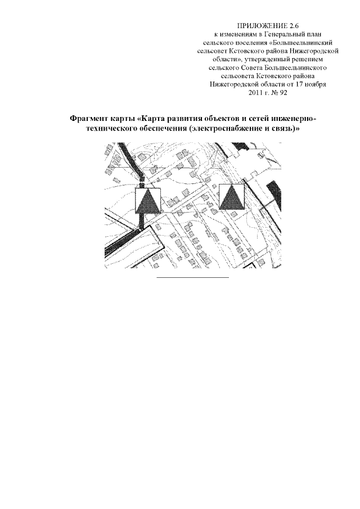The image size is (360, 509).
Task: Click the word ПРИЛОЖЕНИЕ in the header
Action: point(258,26)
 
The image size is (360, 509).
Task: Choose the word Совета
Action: point(252,68)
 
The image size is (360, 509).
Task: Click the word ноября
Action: point(316,85)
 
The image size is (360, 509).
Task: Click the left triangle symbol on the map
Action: point(148,201)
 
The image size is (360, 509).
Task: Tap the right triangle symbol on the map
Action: point(231,196)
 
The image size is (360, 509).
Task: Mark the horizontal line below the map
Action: point(193,277)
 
